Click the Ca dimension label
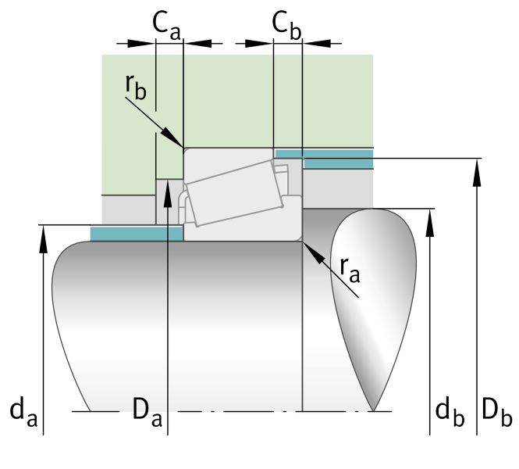[x=166, y=26]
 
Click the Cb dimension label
[x=286, y=26]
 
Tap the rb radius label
[x=136, y=88]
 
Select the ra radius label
[x=350, y=270]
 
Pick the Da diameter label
[x=148, y=412]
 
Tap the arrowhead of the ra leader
[x=313, y=252]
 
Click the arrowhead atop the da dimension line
[x=44, y=239]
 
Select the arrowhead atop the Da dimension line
[x=168, y=194]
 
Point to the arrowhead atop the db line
[x=429, y=223]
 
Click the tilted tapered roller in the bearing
[x=235, y=193]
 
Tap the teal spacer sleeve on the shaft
[x=137, y=234]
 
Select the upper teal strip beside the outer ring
[x=324, y=159]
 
